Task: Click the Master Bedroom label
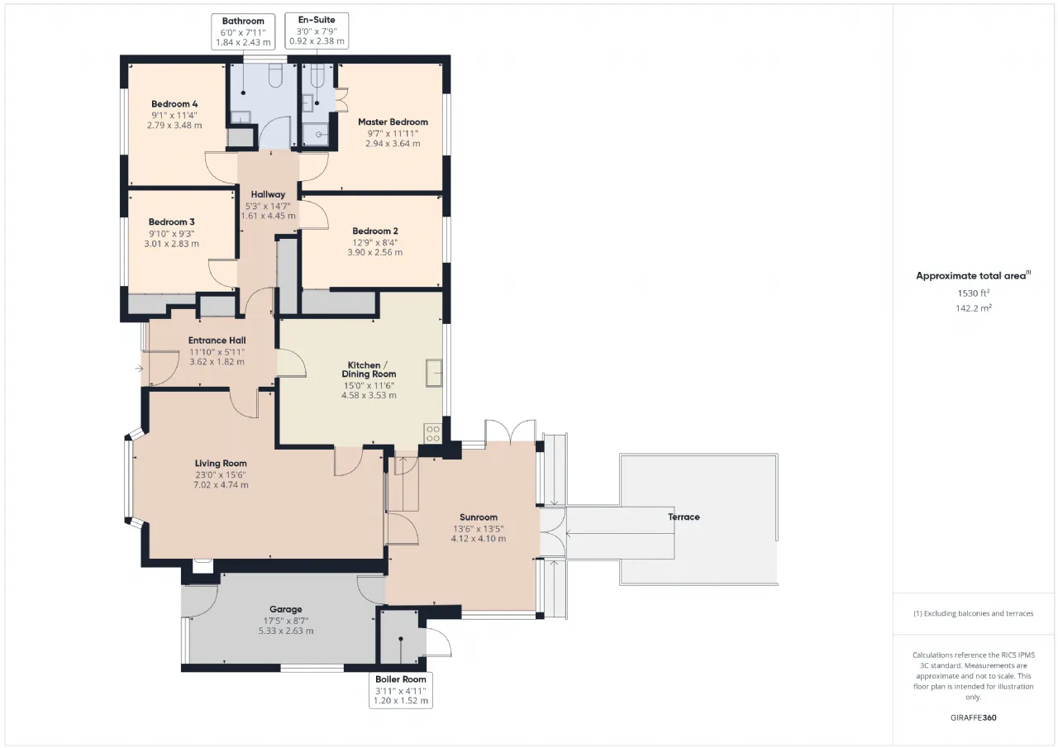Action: tap(393, 121)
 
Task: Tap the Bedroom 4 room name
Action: tap(174, 104)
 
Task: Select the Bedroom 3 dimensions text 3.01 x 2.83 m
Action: tap(171, 244)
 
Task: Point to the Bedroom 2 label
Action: tap(375, 231)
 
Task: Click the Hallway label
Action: tap(268, 194)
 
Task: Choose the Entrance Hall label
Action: tap(217, 340)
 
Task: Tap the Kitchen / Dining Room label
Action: tap(369, 369)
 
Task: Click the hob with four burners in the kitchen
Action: tap(433, 433)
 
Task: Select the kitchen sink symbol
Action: tap(434, 373)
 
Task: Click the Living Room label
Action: tap(221, 463)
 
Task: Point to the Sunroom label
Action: tap(479, 517)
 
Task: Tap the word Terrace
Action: tap(684, 517)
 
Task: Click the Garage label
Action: tap(286, 609)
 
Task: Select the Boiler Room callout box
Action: tap(401, 690)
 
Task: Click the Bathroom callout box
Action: tap(243, 31)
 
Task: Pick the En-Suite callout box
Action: tap(317, 31)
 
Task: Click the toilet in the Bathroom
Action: tap(275, 75)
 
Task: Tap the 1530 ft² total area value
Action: tap(973, 293)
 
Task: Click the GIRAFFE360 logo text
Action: tap(974, 717)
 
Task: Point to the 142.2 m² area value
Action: tap(974, 308)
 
